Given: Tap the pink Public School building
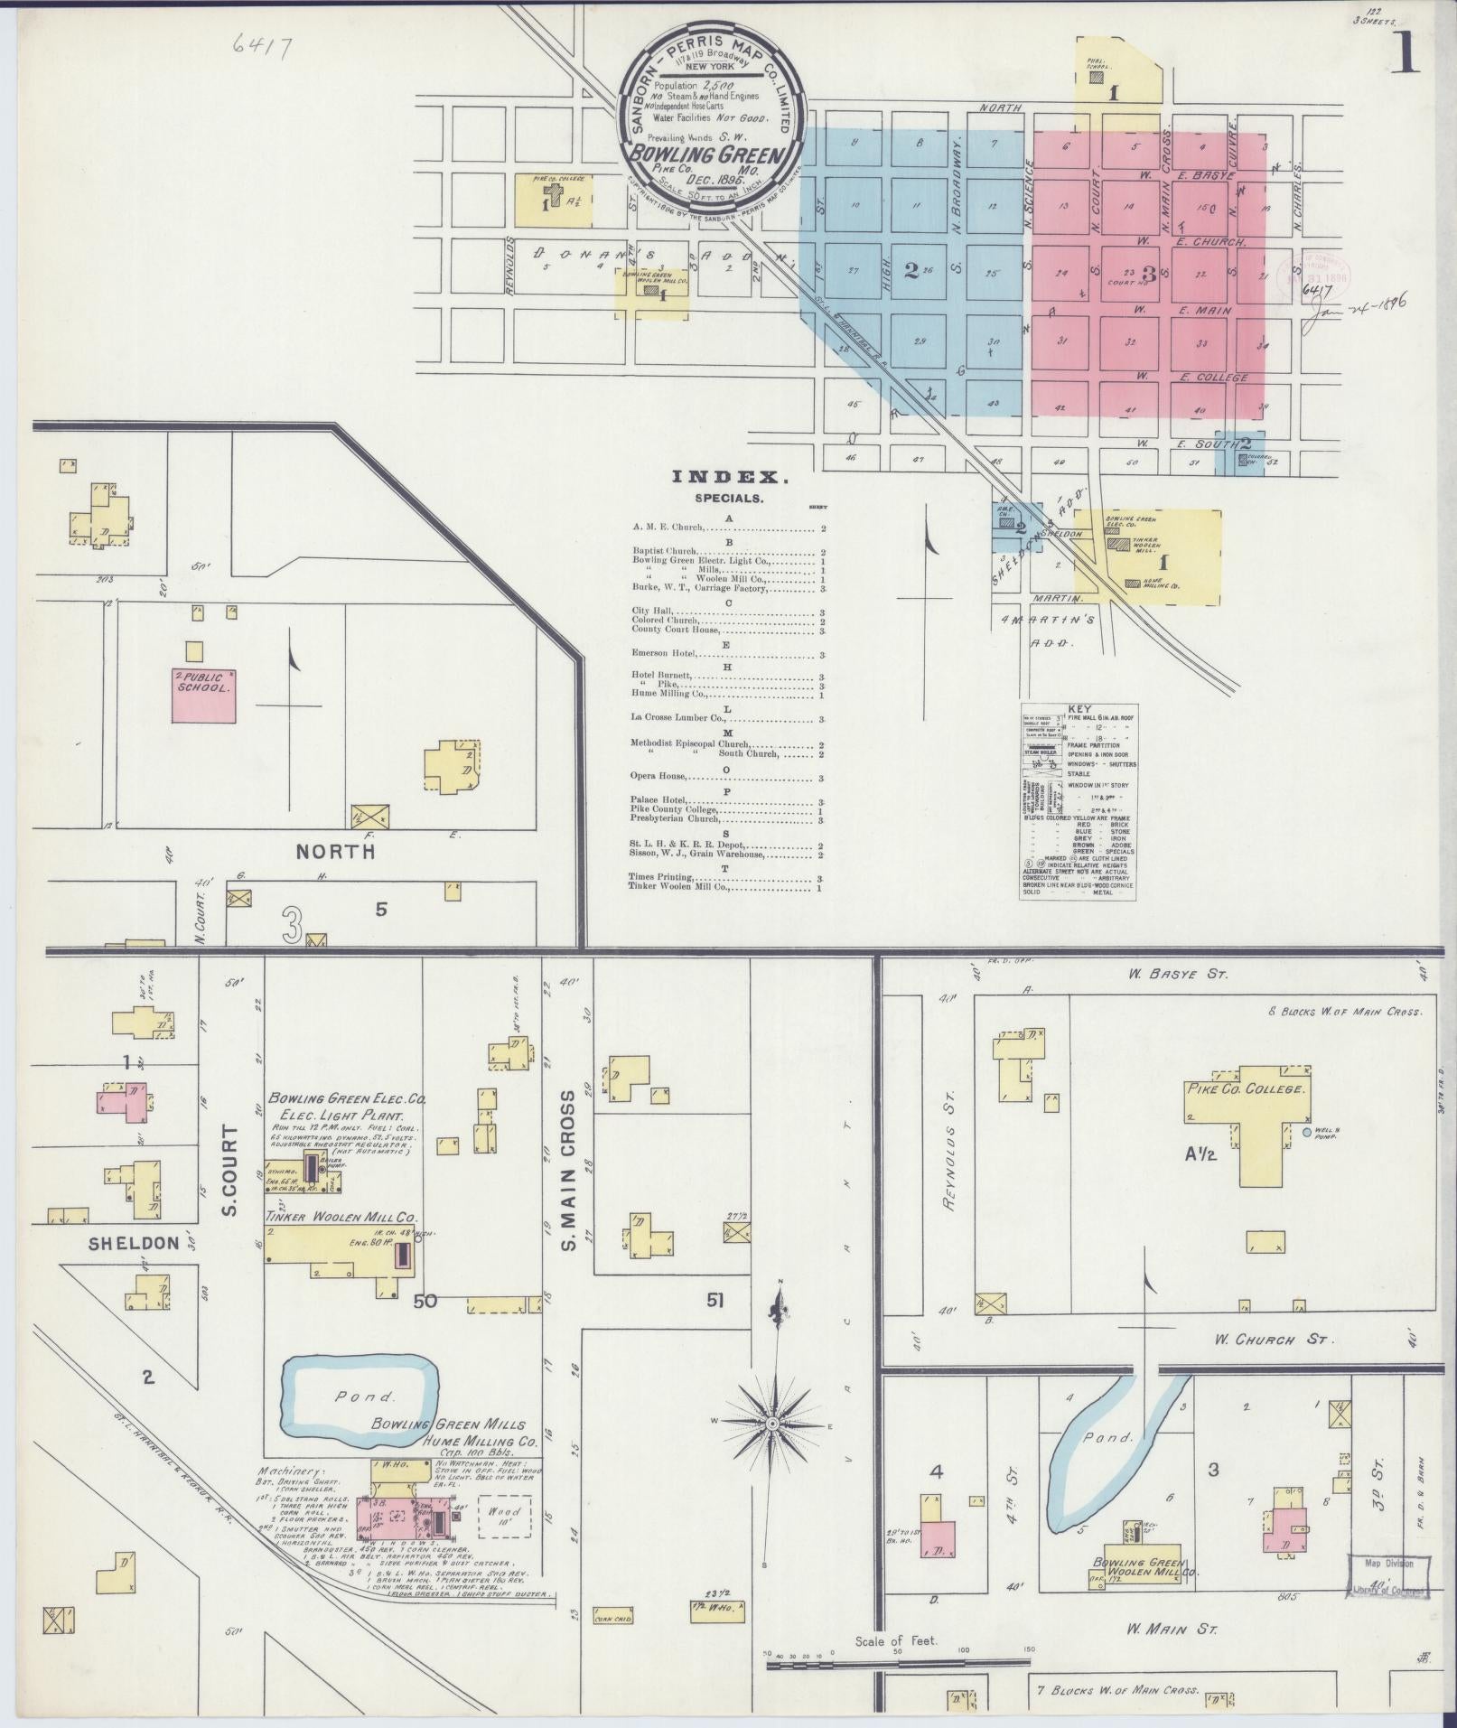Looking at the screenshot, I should [204, 695].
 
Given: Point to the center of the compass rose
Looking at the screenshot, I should [773, 1424].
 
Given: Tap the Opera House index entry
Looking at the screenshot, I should [659, 777].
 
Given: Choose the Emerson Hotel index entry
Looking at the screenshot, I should [669, 651].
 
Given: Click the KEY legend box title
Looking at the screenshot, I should [1078, 709].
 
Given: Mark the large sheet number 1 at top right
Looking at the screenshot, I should [1407, 56].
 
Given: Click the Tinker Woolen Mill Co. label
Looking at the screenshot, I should [341, 1217].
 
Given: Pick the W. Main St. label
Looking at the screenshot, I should [1172, 1630].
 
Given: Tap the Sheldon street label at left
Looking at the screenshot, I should [134, 1244].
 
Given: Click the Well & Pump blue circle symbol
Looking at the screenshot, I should [1306, 1132].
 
